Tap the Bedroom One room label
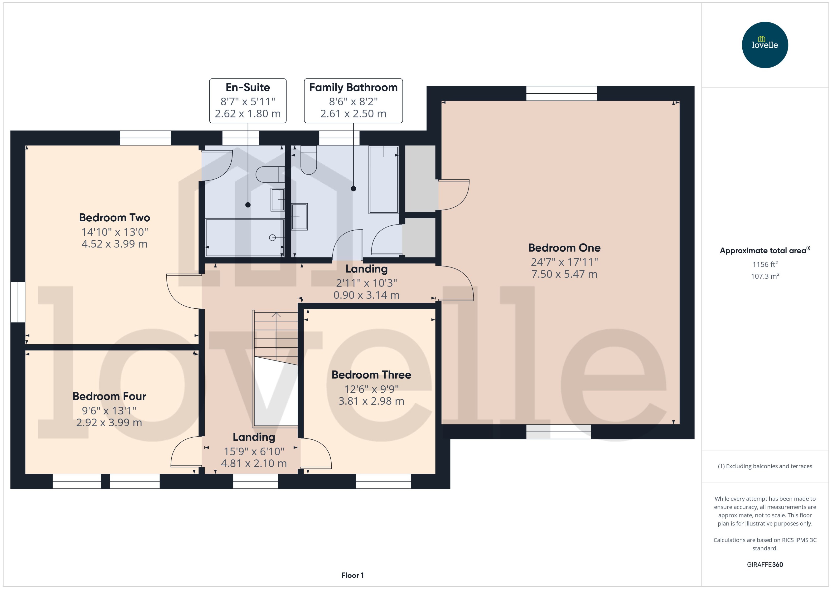click(564, 248)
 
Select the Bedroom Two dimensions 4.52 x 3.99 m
click(115, 244)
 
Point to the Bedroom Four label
click(109, 396)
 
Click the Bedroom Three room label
click(371, 375)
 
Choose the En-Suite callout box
click(248, 100)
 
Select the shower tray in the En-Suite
click(244, 238)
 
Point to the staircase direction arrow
click(276, 315)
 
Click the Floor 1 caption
click(352, 575)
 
